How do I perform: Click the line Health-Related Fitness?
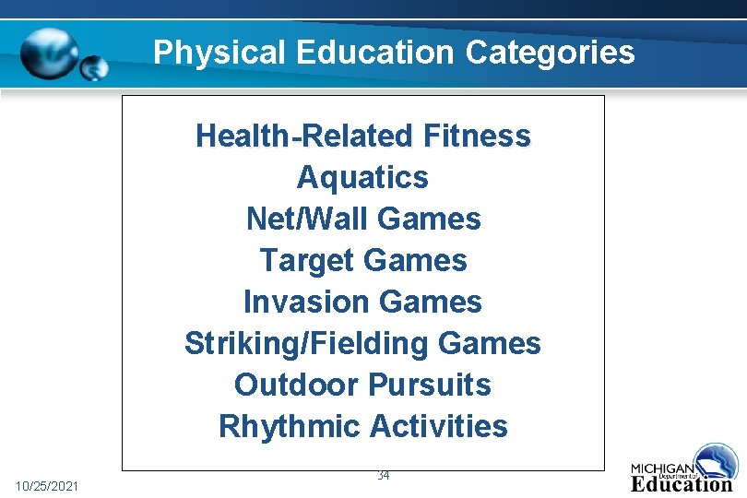pyautogui.click(x=363, y=136)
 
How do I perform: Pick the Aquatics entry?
pyautogui.click(x=363, y=177)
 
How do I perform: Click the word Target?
pyautogui.click(x=298, y=261)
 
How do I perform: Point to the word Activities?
pyautogui.click(x=439, y=426)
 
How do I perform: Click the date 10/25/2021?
pyautogui.click(x=47, y=485)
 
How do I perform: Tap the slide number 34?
pyautogui.click(x=384, y=476)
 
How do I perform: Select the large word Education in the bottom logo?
pyautogui.click(x=682, y=483)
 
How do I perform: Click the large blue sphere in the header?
pyautogui.click(x=50, y=52)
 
